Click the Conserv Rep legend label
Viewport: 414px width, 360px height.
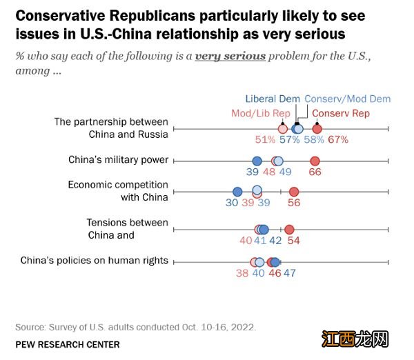click(x=341, y=113)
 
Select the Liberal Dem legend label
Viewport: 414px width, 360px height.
click(x=273, y=99)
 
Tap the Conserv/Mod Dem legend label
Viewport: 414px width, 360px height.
click(x=347, y=99)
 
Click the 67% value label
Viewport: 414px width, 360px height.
click(x=338, y=139)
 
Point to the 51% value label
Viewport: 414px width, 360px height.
click(x=266, y=139)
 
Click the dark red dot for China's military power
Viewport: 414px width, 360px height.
click(x=315, y=161)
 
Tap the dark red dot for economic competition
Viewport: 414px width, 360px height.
click(x=294, y=192)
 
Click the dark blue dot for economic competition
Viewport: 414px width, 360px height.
click(x=237, y=192)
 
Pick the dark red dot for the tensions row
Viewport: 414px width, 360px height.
click(x=289, y=230)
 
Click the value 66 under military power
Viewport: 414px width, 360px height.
click(x=315, y=172)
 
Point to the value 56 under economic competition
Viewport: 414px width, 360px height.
click(x=294, y=203)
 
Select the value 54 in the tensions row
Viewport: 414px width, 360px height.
click(x=294, y=241)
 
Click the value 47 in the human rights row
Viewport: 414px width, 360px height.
click(x=289, y=273)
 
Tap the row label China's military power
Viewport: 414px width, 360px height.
click(x=118, y=160)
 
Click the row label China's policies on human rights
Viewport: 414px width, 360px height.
click(x=95, y=261)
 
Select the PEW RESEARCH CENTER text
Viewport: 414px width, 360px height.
click(x=67, y=344)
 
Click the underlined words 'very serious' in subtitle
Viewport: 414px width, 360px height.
click(x=230, y=56)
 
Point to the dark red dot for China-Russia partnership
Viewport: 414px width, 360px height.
click(x=317, y=129)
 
